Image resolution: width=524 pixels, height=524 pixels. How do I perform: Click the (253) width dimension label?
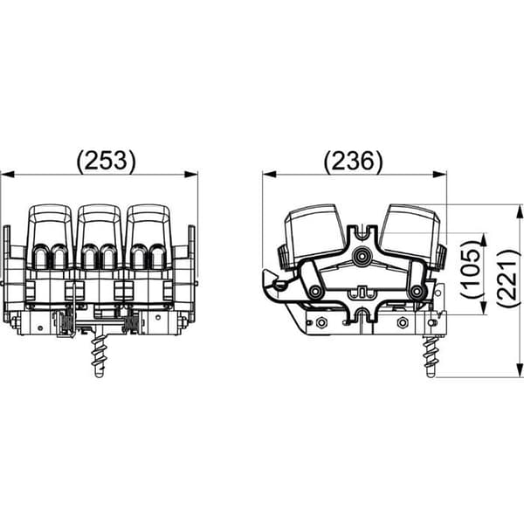coord(107,161)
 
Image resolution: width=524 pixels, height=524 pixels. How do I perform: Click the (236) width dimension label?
coord(354,161)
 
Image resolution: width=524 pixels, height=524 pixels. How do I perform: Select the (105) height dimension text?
coord(472,269)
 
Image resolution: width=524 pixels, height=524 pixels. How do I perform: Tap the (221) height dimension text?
coord(508,277)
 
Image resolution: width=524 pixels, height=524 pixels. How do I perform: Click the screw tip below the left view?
coord(99,374)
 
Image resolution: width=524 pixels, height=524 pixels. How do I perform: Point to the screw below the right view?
coord(431,357)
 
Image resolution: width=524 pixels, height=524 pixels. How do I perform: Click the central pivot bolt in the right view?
coord(362,256)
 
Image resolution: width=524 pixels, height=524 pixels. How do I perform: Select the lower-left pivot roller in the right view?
coord(314,292)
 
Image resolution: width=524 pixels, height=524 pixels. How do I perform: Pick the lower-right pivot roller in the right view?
coord(417,292)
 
